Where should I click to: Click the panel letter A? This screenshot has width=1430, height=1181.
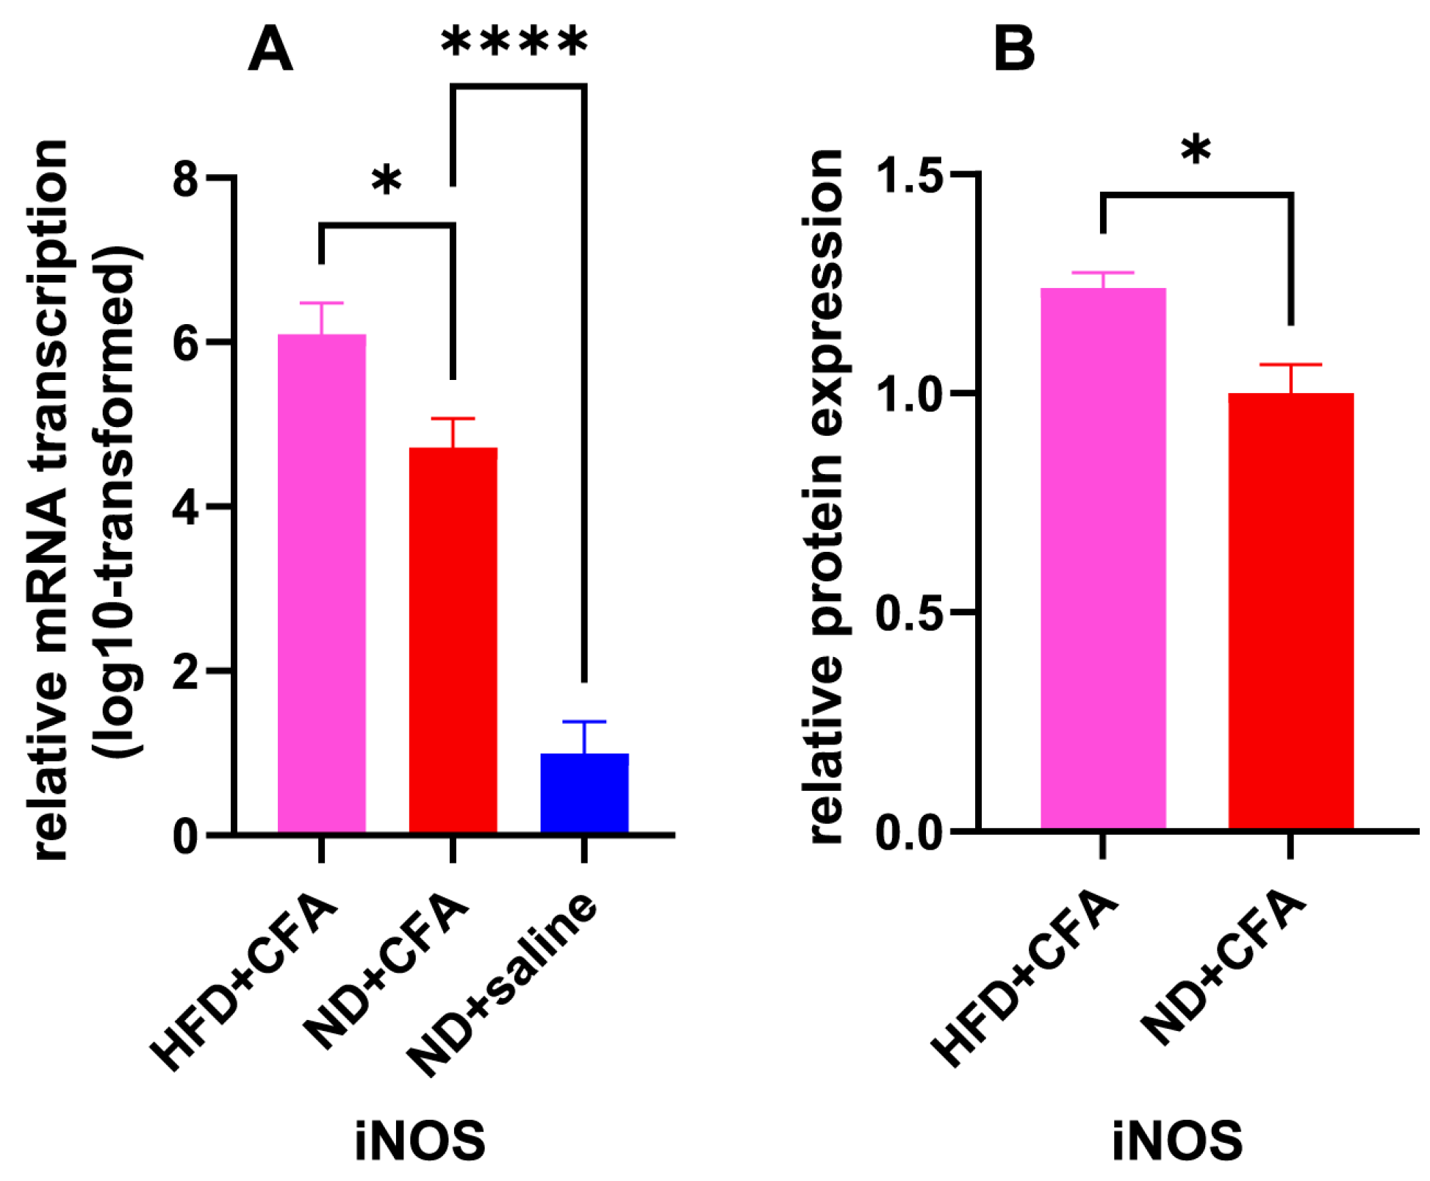tap(270, 49)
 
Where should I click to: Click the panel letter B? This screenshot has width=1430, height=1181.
tap(1013, 49)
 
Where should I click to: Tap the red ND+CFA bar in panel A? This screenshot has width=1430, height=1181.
tap(453, 639)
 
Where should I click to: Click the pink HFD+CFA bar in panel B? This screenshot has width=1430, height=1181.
tap(1102, 559)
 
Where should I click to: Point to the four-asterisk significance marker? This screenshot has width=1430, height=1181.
tap(514, 42)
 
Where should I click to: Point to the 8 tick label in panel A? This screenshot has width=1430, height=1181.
tap(185, 178)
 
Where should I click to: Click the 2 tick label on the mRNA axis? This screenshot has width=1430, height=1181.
tap(185, 671)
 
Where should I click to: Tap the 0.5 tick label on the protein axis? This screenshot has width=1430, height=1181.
tap(910, 612)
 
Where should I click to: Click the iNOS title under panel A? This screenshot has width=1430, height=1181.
tap(420, 1140)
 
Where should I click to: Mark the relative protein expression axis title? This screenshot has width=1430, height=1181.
tap(827, 497)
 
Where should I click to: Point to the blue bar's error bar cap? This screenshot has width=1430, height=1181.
tap(584, 722)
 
